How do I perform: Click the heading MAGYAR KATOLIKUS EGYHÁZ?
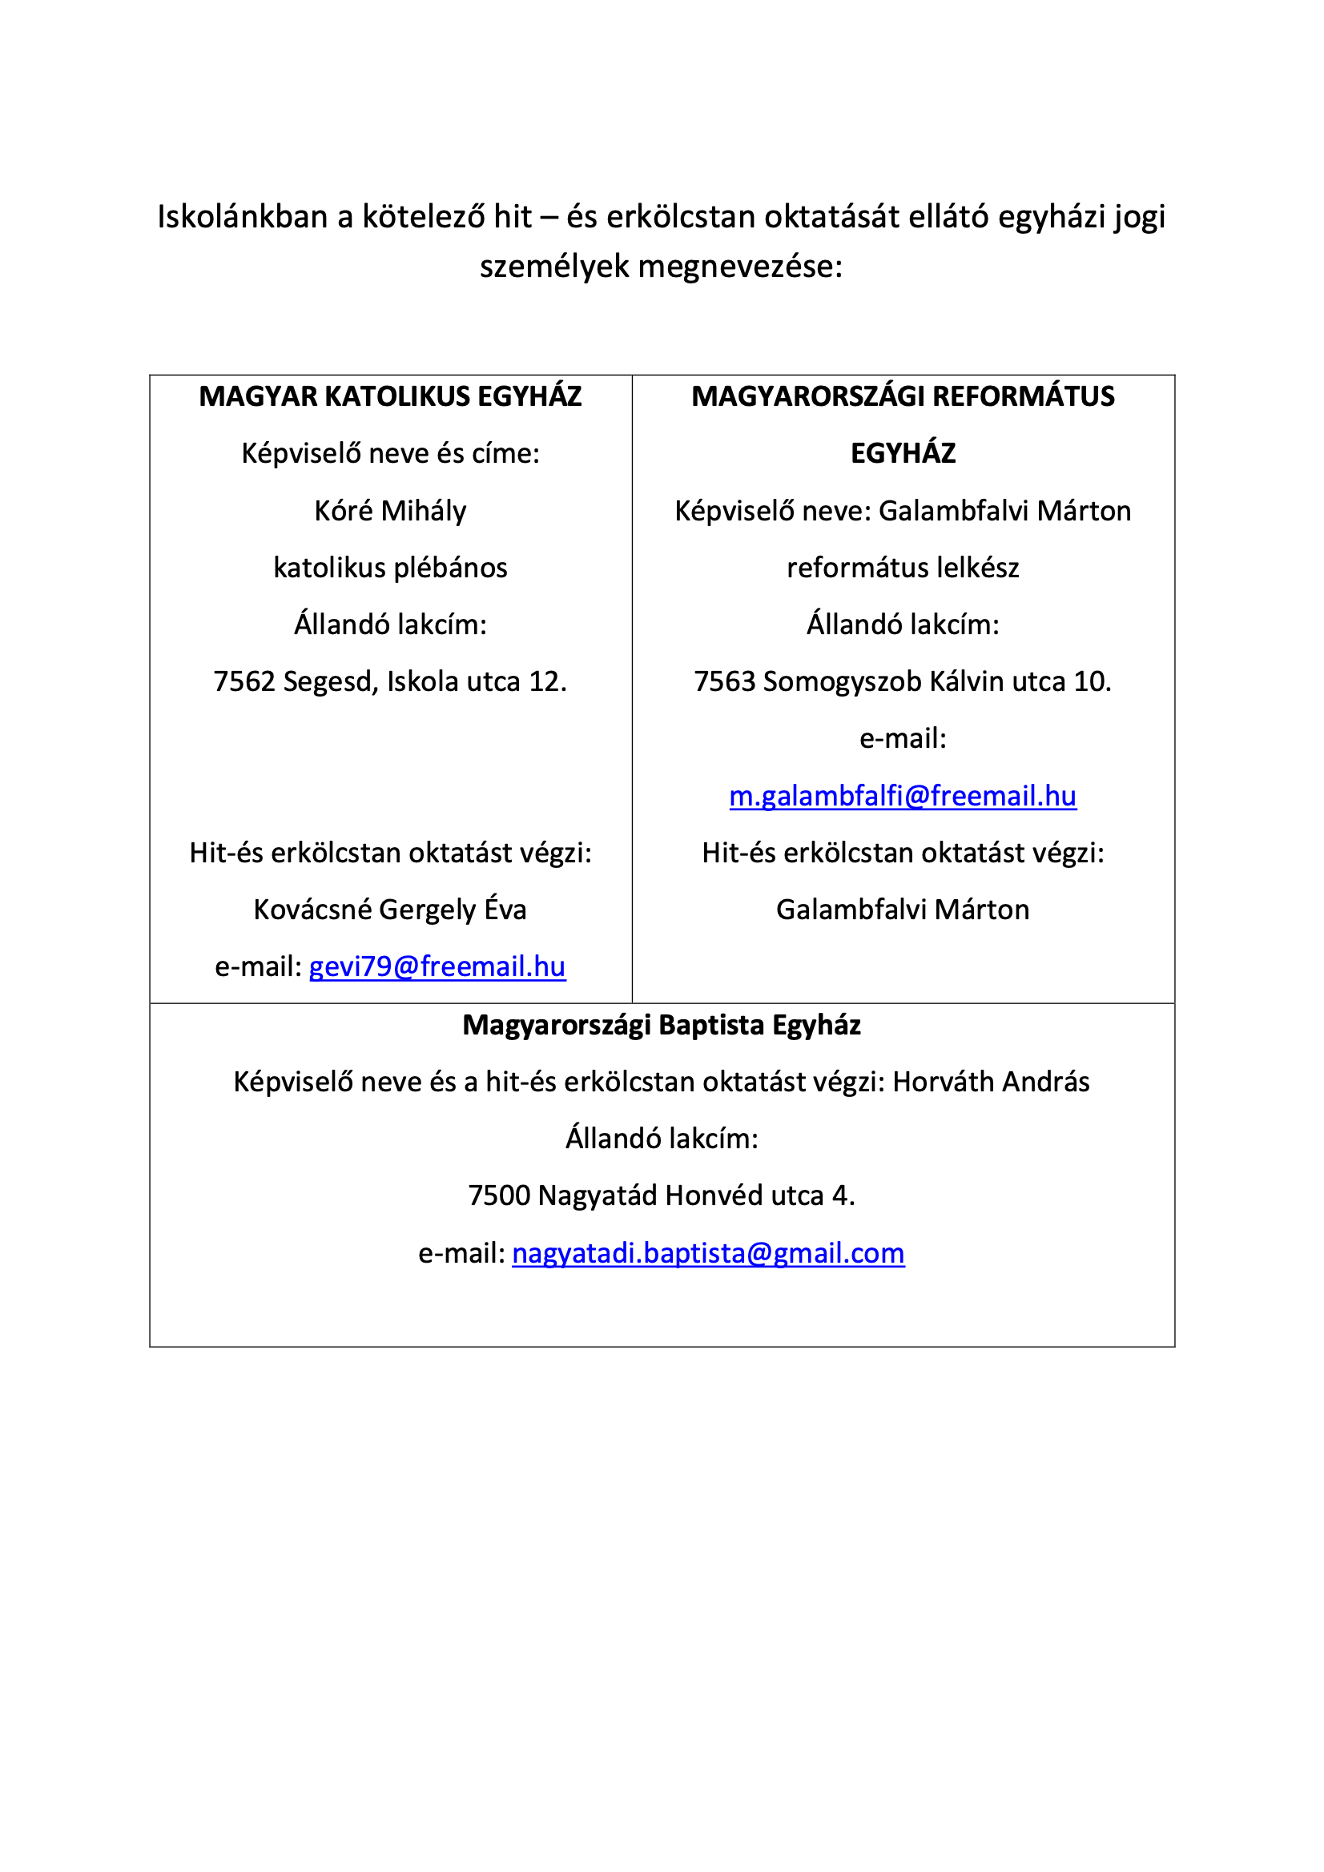click(390, 396)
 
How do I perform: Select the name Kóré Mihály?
click(390, 511)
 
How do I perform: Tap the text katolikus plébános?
click(390, 568)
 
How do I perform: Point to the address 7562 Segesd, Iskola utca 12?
click(390, 681)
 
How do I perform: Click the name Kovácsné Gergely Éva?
click(390, 909)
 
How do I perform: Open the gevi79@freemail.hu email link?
click(437, 966)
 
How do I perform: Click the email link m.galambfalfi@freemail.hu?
click(902, 796)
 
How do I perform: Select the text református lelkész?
click(902, 568)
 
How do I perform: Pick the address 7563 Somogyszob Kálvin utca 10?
click(902, 681)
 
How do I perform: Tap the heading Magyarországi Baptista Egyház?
click(662, 1025)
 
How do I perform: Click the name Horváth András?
click(990, 1082)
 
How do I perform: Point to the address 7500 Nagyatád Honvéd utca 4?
click(662, 1195)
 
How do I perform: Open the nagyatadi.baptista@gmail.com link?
click(708, 1253)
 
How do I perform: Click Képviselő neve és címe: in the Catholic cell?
click(390, 453)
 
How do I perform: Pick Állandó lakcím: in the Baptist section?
click(662, 1139)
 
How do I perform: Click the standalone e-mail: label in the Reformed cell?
click(902, 739)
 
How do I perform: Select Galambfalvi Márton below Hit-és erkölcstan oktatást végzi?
click(902, 909)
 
